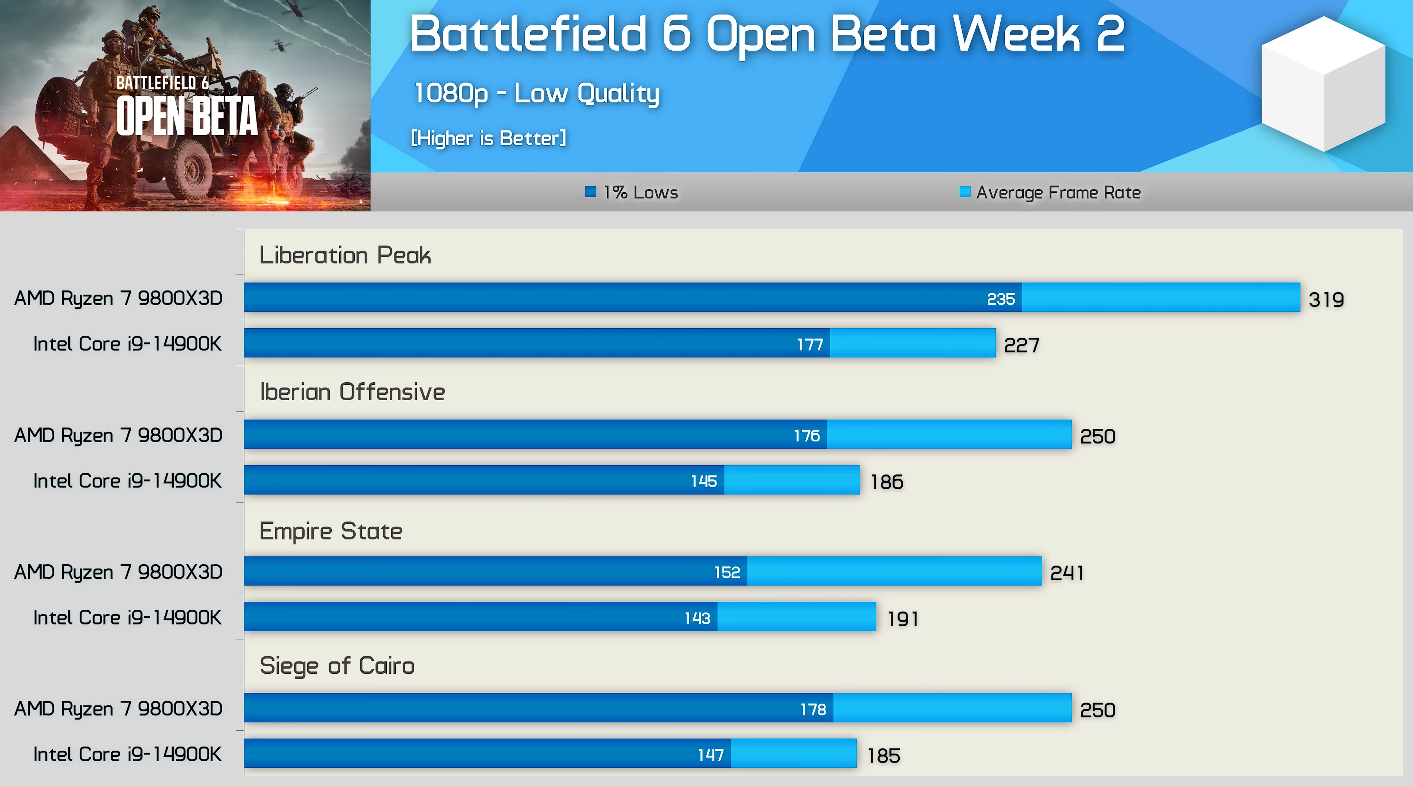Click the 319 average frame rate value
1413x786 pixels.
1326,300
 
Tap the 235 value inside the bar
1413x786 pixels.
1001,299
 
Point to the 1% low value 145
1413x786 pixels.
704,482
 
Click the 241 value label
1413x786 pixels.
1066,573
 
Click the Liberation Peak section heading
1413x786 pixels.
345,255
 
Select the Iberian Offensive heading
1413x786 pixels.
352,392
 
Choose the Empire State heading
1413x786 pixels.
331,531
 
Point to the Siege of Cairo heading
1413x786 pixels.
337,666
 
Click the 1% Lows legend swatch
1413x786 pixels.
590,192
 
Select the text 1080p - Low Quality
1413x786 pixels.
536,93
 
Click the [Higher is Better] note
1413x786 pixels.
488,138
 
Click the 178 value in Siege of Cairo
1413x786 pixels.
813,710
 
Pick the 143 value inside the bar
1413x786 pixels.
697,619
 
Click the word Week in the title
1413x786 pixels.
1016,34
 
